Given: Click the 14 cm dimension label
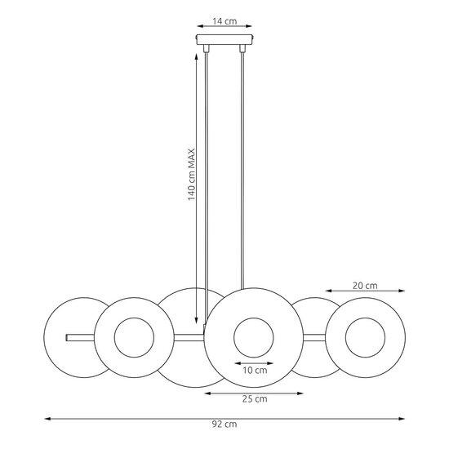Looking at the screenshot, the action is (224, 21).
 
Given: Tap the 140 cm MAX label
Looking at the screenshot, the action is (191, 175).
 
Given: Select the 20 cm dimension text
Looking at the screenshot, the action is (365, 286).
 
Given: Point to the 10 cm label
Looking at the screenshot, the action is (255, 371).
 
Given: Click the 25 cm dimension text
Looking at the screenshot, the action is (255, 399).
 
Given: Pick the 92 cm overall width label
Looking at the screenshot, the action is (224, 424).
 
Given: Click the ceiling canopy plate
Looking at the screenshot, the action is (224, 39).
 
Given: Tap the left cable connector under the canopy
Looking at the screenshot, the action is (207, 49).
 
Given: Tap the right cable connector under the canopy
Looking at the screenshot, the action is (242, 49).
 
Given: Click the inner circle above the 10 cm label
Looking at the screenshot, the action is (254, 318).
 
